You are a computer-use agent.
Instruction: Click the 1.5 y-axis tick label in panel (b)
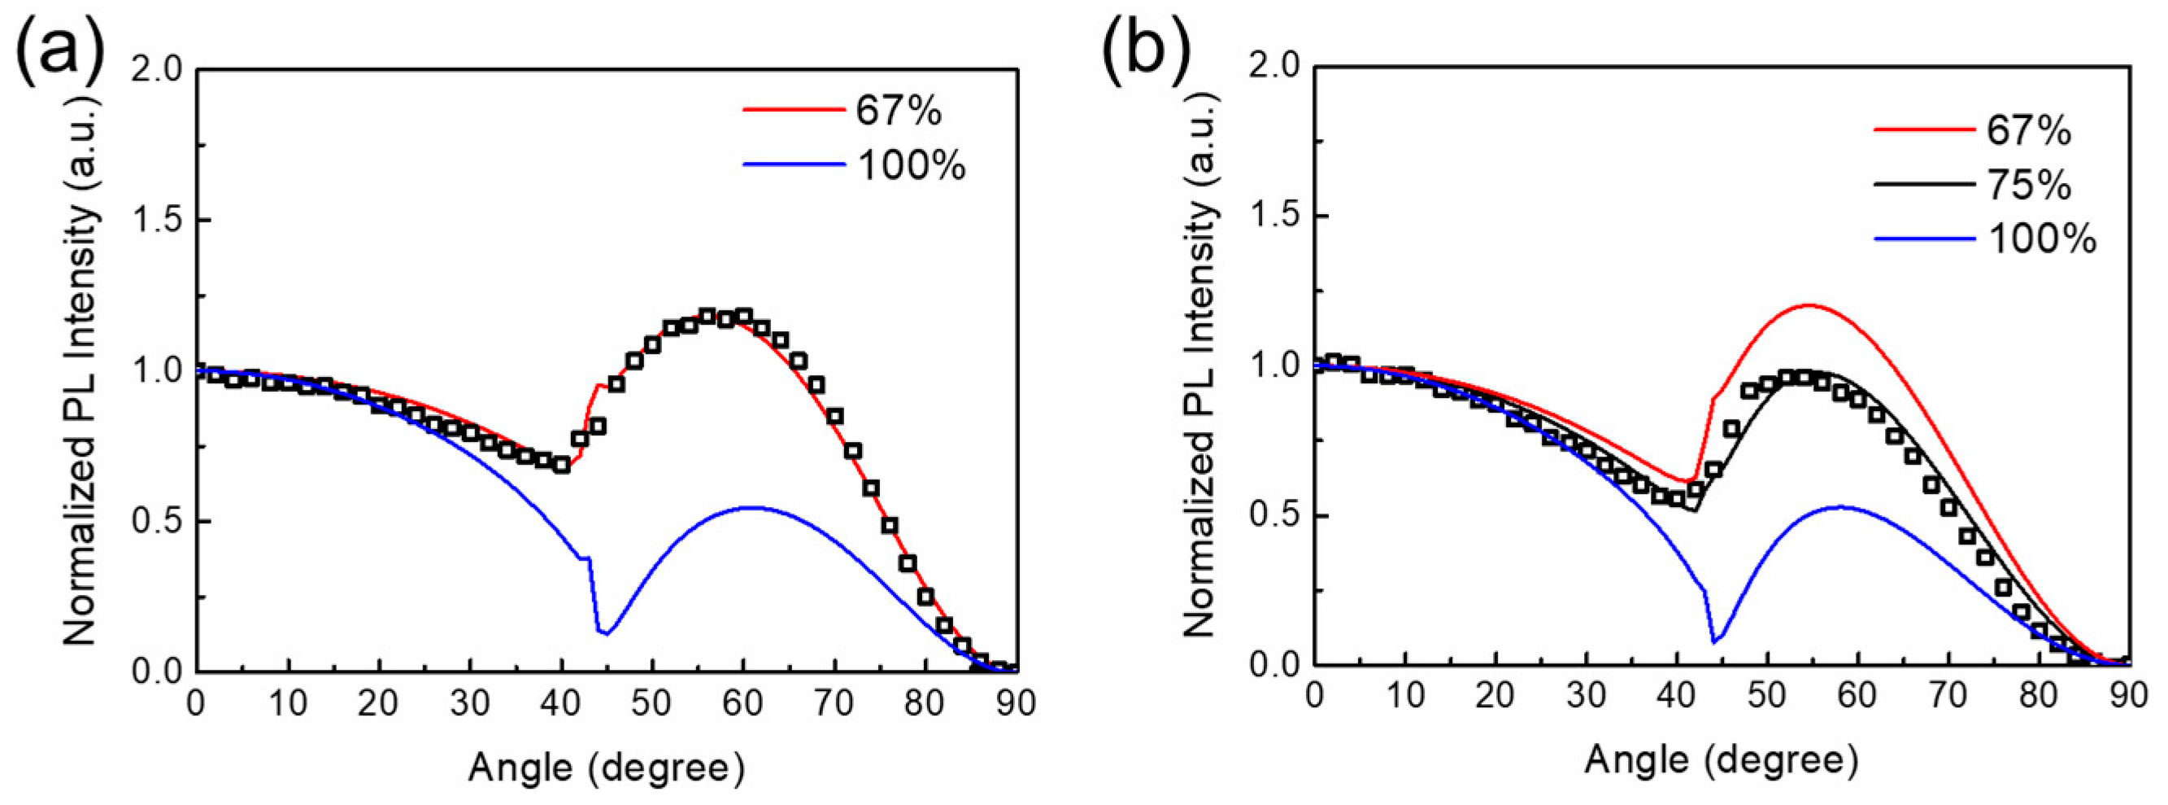1273,216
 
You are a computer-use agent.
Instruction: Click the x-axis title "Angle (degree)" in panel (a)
606,767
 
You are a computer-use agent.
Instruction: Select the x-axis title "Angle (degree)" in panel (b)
1721,760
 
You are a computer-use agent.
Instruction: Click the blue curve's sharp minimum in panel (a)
605,632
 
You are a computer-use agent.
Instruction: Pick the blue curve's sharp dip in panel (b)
1714,642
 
